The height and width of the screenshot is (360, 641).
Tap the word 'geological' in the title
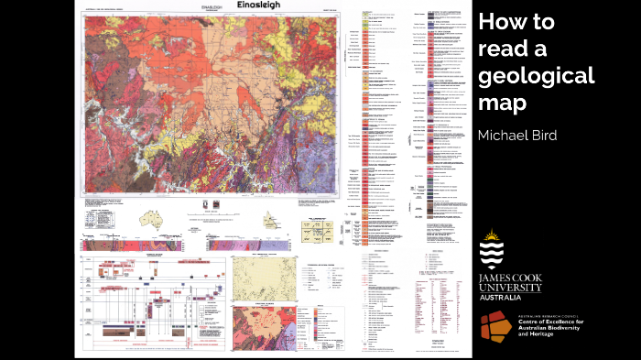click(536, 75)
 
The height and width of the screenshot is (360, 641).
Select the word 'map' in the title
click(502, 102)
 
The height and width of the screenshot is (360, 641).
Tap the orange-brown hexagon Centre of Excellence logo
click(496, 326)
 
